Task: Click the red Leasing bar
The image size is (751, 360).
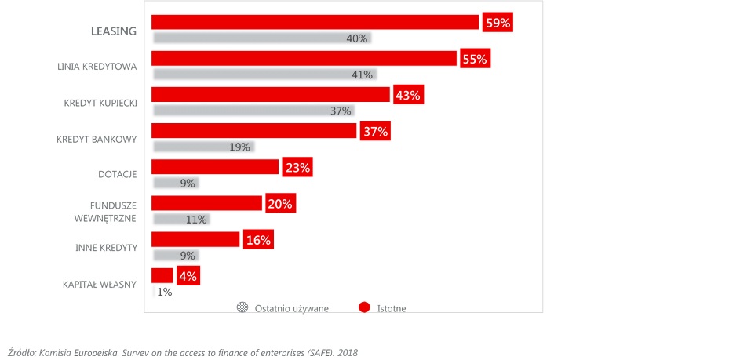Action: pyautogui.click(x=315, y=22)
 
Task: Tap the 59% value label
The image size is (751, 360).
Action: pyautogui.click(x=498, y=23)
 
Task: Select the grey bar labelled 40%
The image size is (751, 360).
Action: pyautogui.click(x=262, y=38)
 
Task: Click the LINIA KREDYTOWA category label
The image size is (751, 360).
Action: pyautogui.click(x=97, y=67)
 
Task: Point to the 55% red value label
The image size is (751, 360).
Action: pyautogui.click(x=475, y=59)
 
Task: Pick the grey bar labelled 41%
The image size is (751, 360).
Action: pyautogui.click(x=265, y=75)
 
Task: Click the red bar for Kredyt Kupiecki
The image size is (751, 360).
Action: pyautogui.click(x=271, y=94)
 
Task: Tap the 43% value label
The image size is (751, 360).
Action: pyautogui.click(x=409, y=95)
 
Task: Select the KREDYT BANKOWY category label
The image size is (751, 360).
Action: pyautogui.click(x=97, y=140)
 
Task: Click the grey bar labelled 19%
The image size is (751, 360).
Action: pyautogui.click(x=204, y=147)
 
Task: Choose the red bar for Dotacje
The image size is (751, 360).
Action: pyautogui.click(x=215, y=166)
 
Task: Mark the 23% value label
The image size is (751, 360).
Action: pyautogui.click(x=297, y=168)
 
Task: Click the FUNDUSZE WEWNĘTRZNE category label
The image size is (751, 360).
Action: pyautogui.click(x=106, y=212)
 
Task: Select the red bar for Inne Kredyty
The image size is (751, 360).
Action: pyautogui.click(x=195, y=239)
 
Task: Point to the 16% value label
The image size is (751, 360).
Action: pyautogui.click(x=259, y=240)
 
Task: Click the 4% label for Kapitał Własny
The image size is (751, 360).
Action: pyautogui.click(x=188, y=276)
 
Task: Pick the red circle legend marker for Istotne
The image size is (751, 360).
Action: pyautogui.click(x=365, y=307)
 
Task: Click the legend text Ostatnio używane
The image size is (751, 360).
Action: pyautogui.click(x=292, y=308)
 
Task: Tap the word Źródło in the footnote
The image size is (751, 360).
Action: pyautogui.click(x=21, y=353)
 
